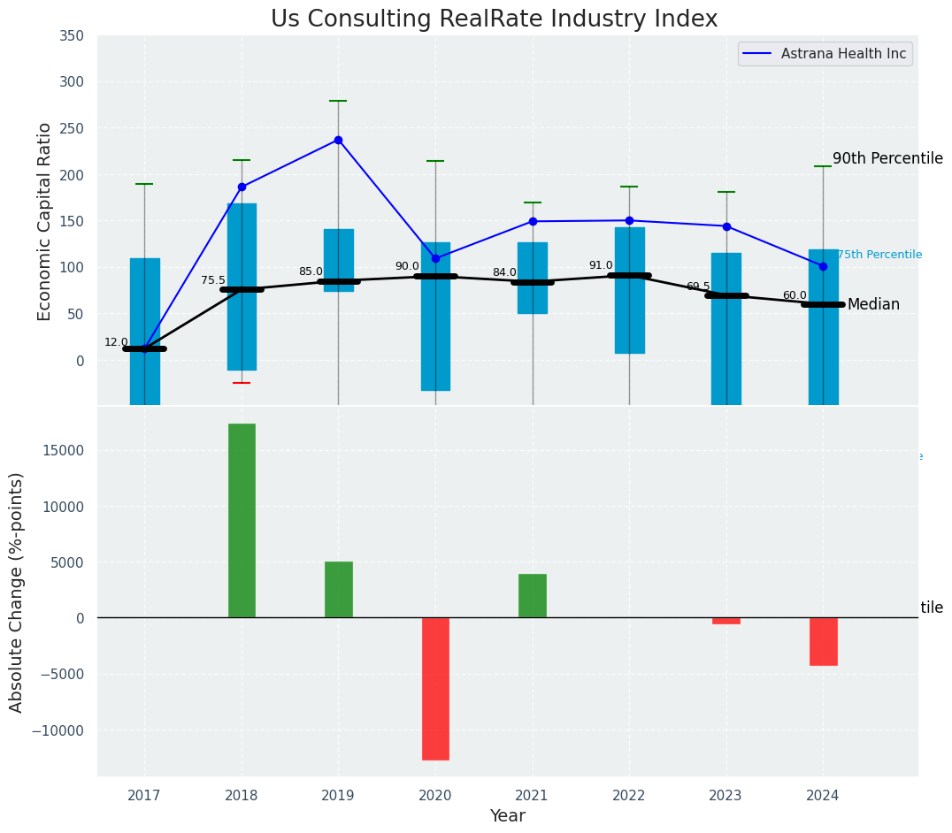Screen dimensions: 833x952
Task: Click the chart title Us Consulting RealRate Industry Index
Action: click(x=494, y=19)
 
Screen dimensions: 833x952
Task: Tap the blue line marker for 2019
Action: click(x=338, y=140)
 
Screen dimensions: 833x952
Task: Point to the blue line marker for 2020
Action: click(x=435, y=258)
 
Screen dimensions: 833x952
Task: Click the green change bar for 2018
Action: click(x=242, y=520)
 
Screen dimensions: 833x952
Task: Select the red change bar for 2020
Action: click(x=435, y=688)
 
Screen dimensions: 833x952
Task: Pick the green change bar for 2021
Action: click(x=533, y=595)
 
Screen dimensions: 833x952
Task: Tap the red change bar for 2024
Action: click(x=823, y=641)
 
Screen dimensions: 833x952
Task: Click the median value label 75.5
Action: click(x=213, y=280)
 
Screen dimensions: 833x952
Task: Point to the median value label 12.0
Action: click(x=116, y=342)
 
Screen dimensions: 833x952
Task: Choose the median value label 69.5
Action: click(x=698, y=287)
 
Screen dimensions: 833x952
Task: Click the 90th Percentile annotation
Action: click(x=887, y=159)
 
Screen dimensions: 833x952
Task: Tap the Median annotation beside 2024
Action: click(x=873, y=305)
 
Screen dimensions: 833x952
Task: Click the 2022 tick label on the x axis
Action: click(x=629, y=796)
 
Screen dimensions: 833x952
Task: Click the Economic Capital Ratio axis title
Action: click(x=45, y=222)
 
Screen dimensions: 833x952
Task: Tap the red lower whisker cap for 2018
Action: click(x=242, y=383)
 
